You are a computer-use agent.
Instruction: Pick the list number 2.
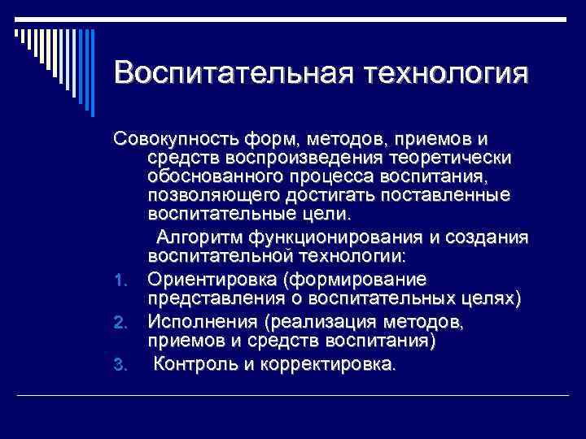point(120,324)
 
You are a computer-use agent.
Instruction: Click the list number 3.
point(120,365)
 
